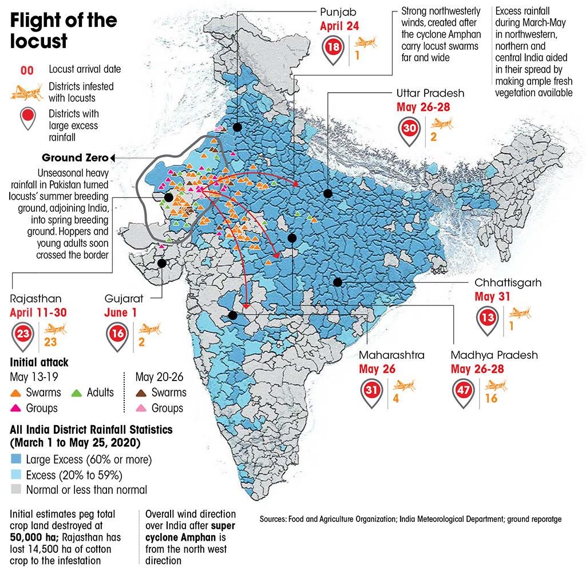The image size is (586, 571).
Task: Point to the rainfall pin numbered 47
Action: (464, 392)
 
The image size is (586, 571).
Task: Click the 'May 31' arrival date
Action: (491, 296)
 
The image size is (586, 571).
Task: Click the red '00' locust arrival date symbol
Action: (27, 70)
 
